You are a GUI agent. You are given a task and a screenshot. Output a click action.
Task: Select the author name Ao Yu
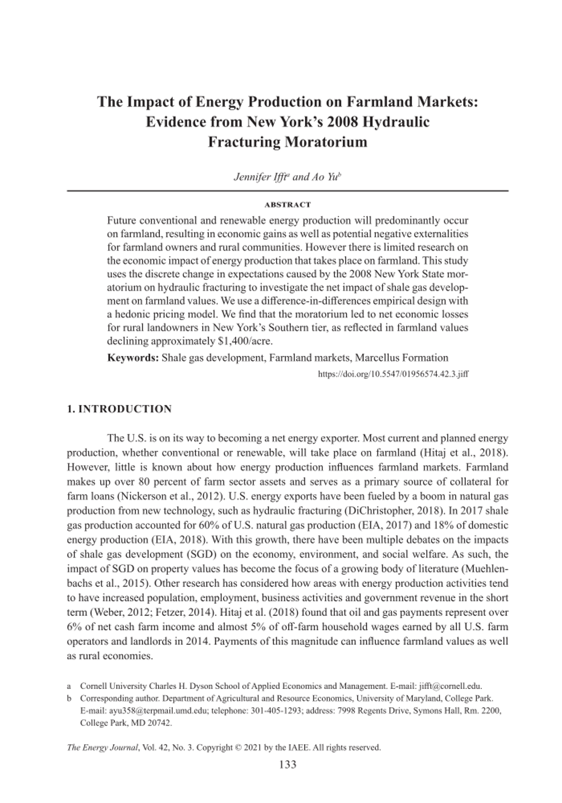point(323,178)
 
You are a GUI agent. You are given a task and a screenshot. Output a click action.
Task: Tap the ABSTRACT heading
point(288,204)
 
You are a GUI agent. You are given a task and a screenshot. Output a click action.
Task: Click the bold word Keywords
point(132,358)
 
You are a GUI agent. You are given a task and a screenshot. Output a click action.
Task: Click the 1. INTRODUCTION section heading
point(119,409)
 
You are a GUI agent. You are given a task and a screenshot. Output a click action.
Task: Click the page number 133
point(288,764)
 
